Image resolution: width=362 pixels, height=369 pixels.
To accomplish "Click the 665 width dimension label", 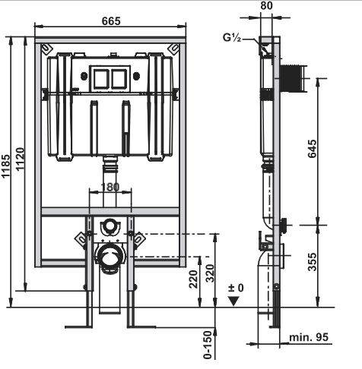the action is (111, 21).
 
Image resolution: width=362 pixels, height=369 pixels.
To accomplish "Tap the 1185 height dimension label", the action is (5, 166).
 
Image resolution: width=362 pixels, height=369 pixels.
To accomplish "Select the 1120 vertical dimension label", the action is (20, 159).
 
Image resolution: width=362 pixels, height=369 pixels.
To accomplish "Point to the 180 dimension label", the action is (110, 187).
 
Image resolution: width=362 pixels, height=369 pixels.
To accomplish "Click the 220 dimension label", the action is (193, 279).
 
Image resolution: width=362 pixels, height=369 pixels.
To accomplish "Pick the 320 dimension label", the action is (210, 273).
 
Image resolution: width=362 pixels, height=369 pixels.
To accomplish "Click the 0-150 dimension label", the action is (208, 345).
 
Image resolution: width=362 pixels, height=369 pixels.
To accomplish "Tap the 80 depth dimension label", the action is (266, 5).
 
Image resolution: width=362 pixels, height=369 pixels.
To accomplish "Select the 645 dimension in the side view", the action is (313, 149).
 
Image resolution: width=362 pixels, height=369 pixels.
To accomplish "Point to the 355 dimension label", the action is (313, 262).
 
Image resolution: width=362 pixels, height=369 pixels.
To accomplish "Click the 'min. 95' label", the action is (309, 337).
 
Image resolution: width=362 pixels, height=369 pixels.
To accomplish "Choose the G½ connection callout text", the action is (232, 37).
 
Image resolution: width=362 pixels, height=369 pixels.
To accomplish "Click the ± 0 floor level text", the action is (236, 288).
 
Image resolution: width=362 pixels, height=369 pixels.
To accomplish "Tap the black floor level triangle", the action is (233, 301).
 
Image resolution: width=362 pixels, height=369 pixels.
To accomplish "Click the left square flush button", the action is (100, 78).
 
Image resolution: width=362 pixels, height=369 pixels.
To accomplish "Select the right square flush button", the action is (119, 78).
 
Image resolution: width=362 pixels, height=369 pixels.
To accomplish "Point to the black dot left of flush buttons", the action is (84, 76).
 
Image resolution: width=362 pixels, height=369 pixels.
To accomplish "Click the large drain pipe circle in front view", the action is (110, 257).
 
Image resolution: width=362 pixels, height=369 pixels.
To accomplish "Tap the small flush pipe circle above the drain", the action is (110, 225).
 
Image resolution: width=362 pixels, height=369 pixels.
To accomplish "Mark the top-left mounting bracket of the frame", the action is (47, 49).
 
